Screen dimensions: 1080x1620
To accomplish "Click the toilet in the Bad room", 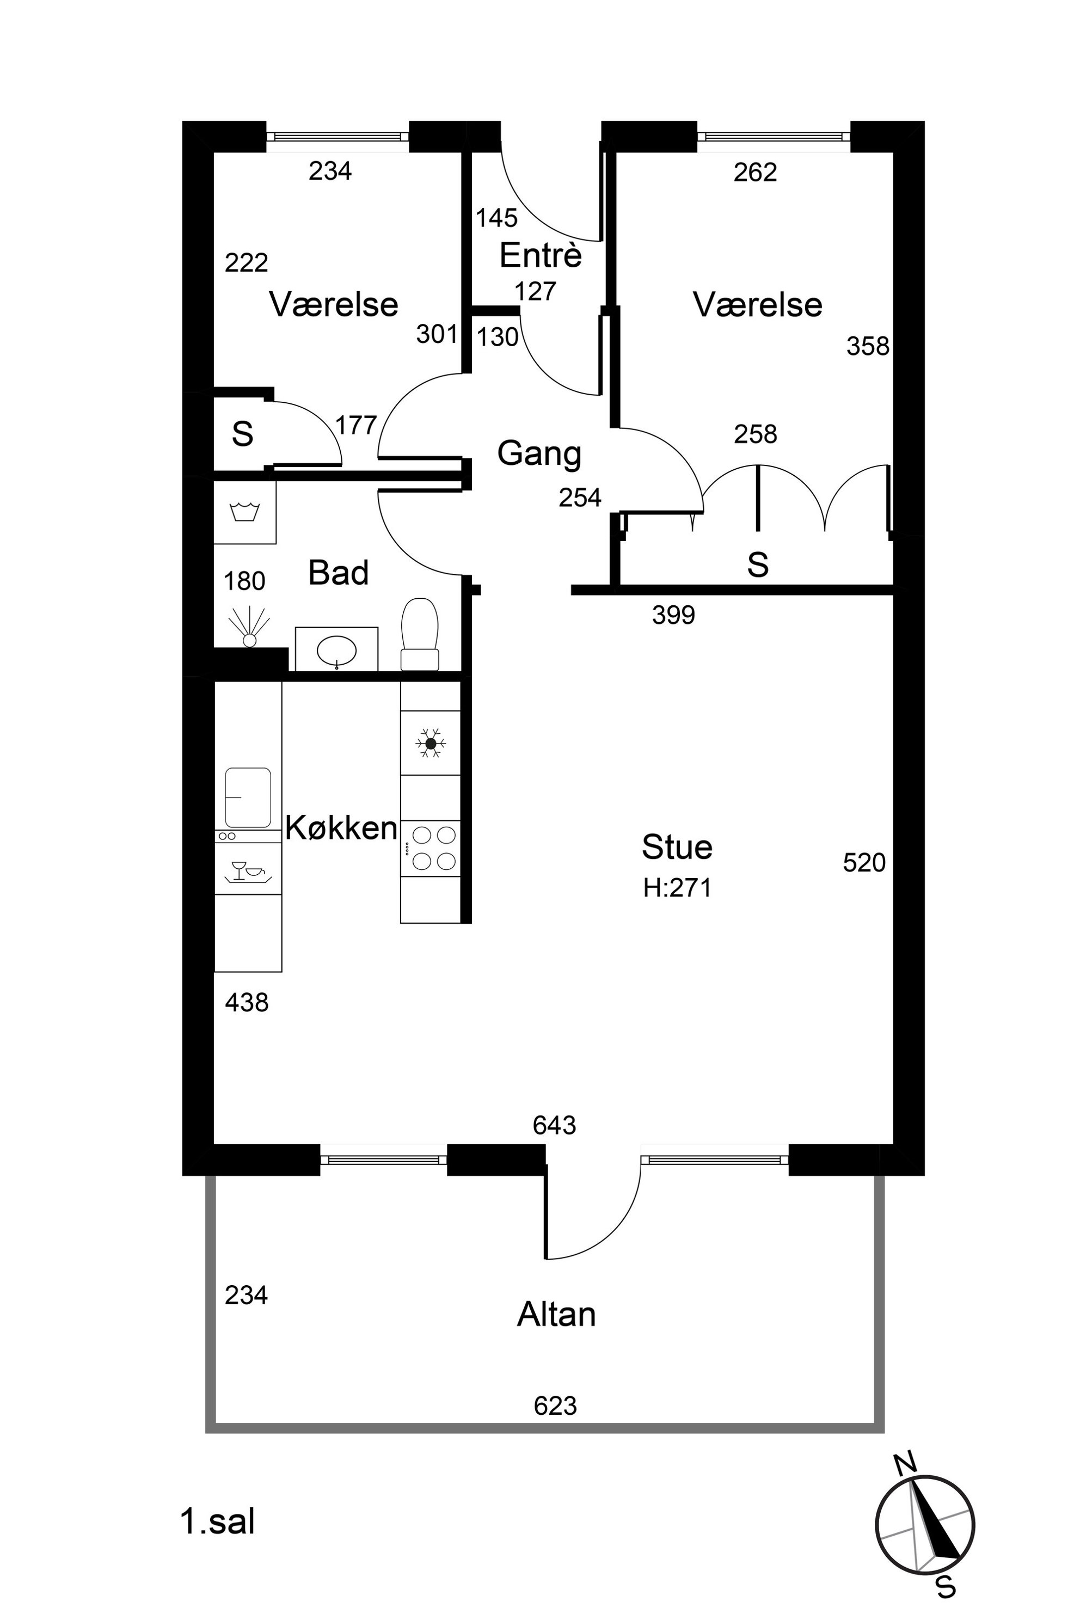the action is (x=420, y=634).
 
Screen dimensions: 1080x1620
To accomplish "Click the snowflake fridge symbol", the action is (x=431, y=743).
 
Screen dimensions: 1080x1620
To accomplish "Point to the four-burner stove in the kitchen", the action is (x=431, y=848).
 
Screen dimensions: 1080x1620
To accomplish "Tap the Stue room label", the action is (x=677, y=846).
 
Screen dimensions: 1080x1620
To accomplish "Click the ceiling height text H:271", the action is (x=677, y=888).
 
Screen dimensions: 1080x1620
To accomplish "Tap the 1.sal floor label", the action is (x=218, y=1521).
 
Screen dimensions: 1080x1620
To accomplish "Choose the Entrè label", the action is (x=541, y=255).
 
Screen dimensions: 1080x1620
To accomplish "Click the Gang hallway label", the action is (x=539, y=454).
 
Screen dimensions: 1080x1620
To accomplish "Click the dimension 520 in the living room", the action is (x=864, y=862).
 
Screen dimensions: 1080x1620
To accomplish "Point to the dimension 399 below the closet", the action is (x=673, y=615).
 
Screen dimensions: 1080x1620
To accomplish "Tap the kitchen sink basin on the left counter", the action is (x=248, y=797).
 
